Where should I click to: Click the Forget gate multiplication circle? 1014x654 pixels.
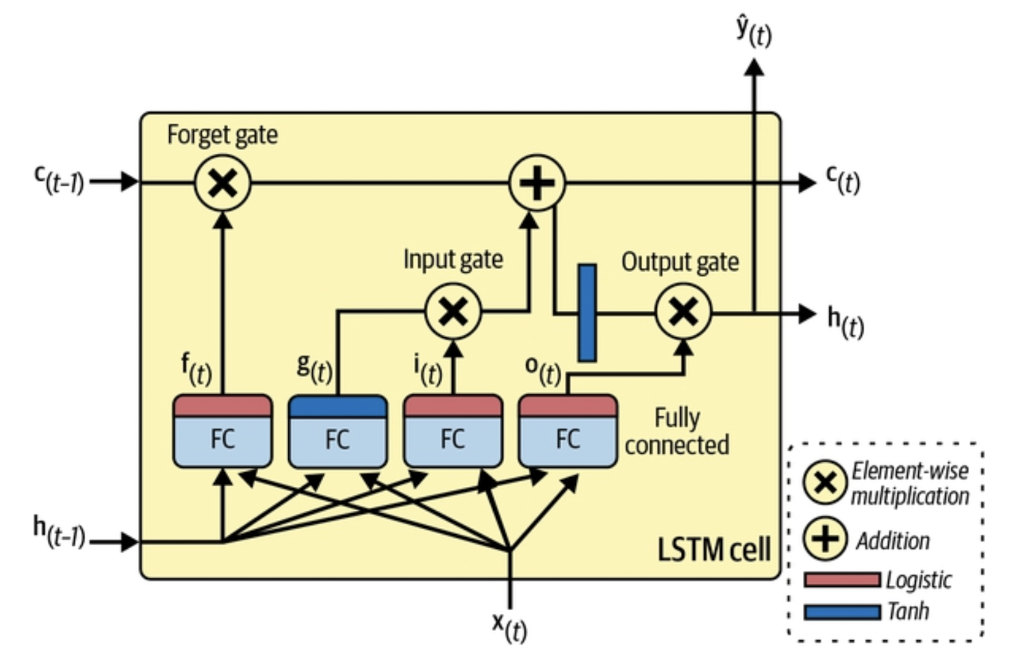[222, 182]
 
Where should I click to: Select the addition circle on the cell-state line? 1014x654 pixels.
[537, 182]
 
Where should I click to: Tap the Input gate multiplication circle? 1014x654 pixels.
[453, 312]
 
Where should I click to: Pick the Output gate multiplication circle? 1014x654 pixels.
[683, 312]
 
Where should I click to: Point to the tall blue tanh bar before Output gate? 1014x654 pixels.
[587, 312]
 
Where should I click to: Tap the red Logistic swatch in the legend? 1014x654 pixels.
[842, 579]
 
